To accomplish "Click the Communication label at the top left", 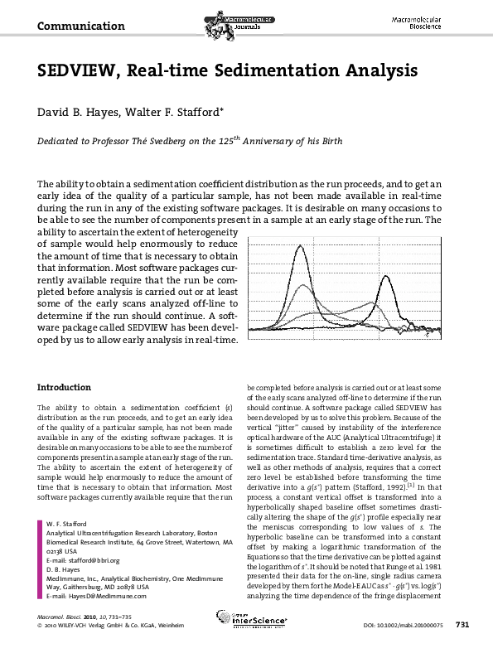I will click(75, 26).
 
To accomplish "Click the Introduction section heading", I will click(65, 387).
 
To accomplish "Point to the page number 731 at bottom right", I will click(463, 647).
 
